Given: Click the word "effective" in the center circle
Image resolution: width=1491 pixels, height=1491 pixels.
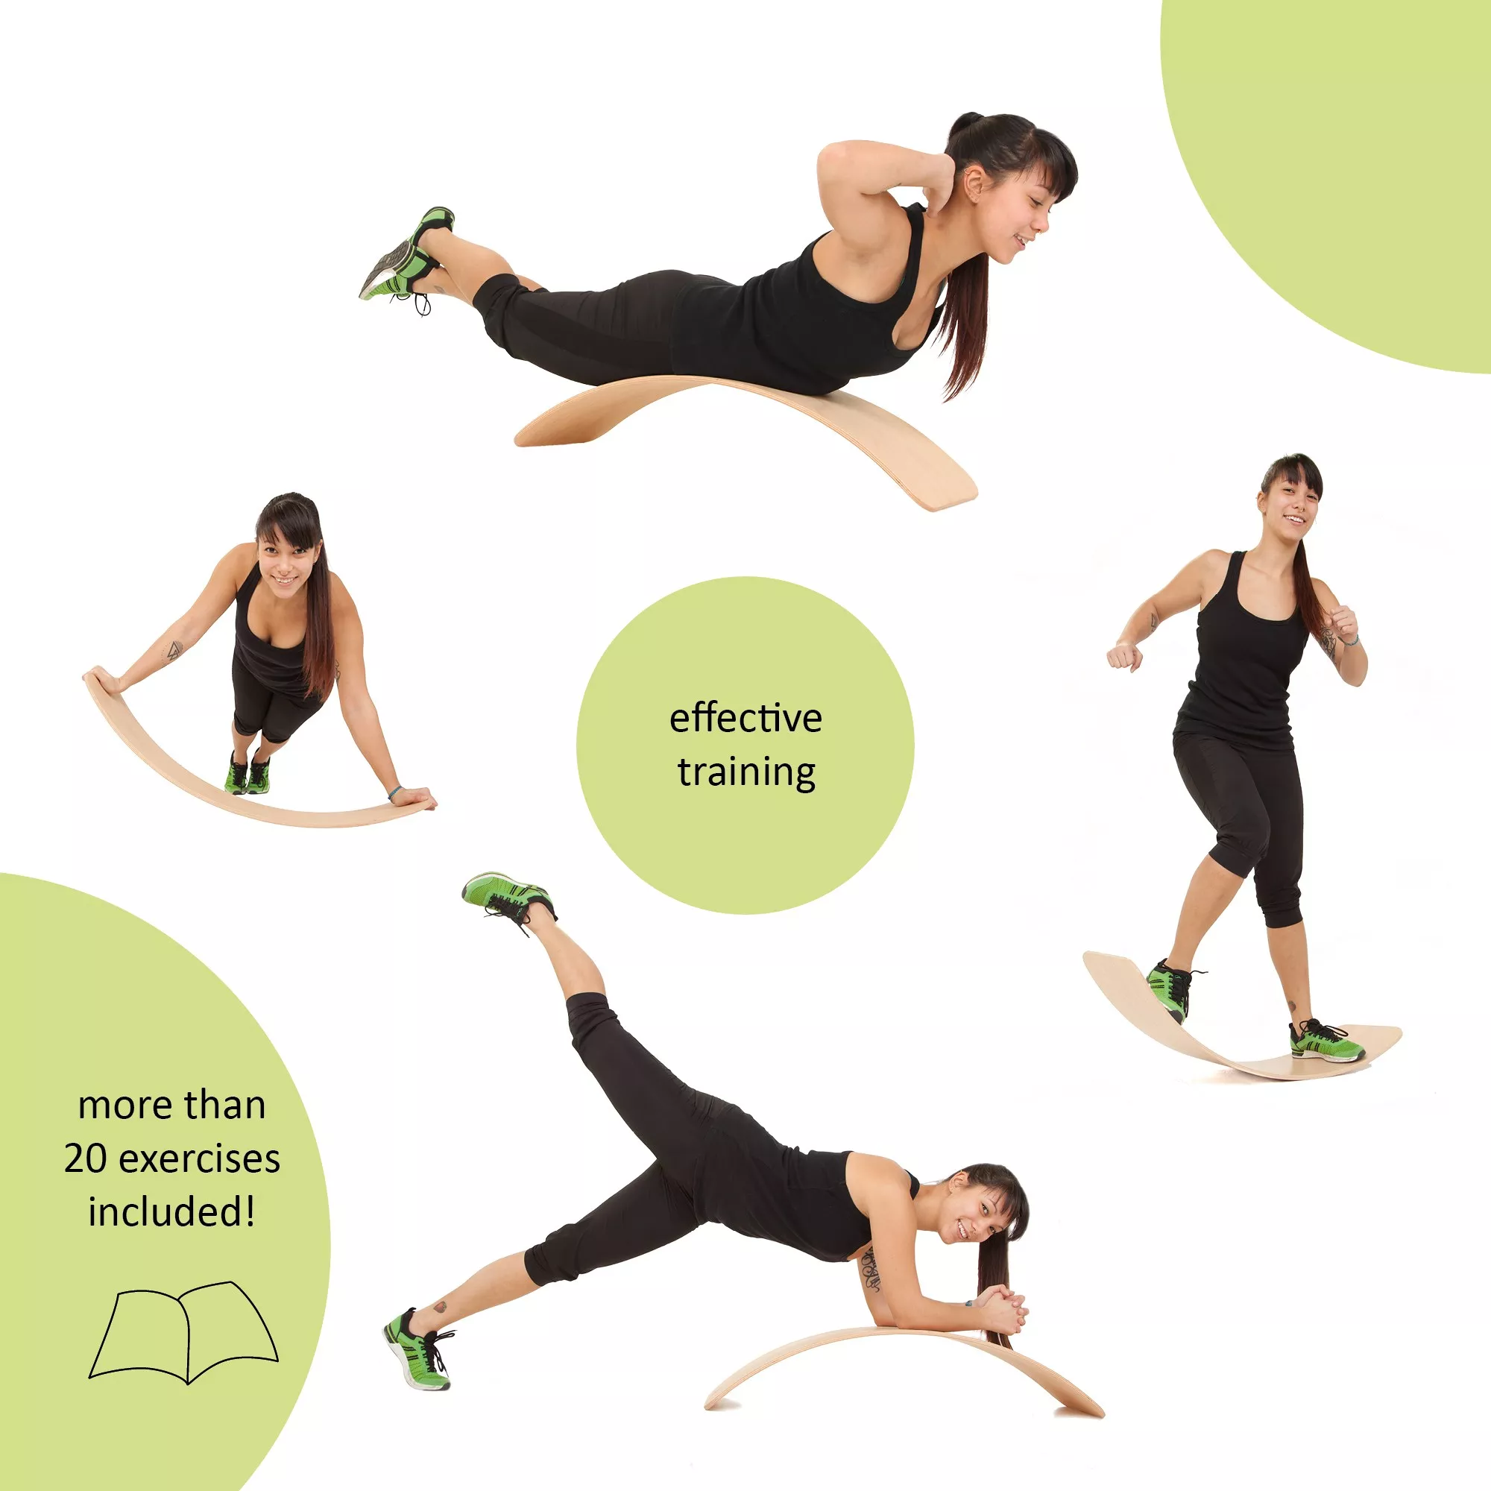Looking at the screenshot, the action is coord(745,719).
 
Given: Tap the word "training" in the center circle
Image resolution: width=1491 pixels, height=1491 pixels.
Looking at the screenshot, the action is coord(746,772).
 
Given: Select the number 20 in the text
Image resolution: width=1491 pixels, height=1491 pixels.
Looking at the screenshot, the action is coord(85,1159).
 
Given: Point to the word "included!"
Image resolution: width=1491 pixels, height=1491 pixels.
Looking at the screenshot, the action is coord(171,1211).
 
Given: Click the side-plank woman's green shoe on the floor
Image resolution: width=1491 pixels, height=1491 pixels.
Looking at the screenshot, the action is coord(417,1346).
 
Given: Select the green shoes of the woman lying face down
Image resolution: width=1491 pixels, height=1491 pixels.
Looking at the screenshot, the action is coord(407,255).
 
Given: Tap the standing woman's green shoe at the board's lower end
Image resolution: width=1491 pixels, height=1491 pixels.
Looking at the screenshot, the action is coord(1325,1042).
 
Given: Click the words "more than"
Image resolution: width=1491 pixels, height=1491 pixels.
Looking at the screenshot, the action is coord(172,1105).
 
